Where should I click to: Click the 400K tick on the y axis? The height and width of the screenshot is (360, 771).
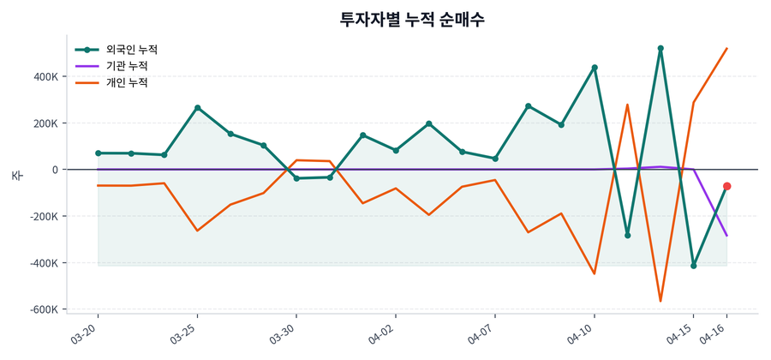click(x=44, y=76)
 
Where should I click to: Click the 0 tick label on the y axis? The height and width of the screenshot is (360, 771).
click(x=54, y=170)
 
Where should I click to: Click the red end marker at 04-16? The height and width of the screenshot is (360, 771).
click(x=726, y=186)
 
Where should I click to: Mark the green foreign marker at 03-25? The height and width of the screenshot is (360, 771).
click(x=197, y=108)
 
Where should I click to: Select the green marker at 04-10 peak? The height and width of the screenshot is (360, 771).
click(x=595, y=67)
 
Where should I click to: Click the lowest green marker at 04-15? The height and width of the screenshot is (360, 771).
click(x=694, y=266)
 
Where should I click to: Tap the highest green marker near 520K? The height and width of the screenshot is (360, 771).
click(x=660, y=48)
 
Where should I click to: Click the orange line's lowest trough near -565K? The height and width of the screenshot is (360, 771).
click(x=660, y=301)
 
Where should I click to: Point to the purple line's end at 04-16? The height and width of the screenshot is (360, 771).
click(x=726, y=235)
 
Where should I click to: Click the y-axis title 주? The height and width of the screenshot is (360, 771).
click(x=16, y=175)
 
